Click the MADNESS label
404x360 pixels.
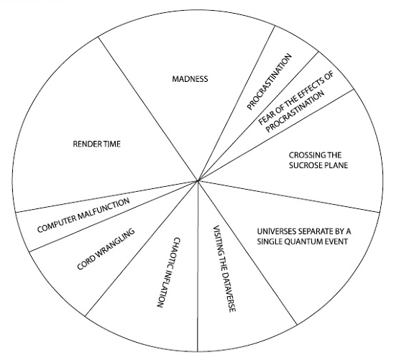(190, 79)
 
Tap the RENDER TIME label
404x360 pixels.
(96, 144)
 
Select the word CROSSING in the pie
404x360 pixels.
(304, 155)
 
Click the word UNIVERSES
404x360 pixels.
(273, 231)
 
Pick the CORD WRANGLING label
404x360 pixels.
(106, 249)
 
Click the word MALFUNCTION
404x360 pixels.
(104, 211)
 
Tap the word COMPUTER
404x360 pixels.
(57, 223)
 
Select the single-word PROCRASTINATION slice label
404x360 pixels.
(269, 82)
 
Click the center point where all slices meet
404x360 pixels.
(198, 180)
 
